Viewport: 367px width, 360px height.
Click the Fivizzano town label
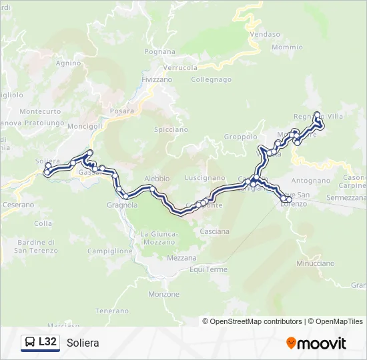click(x=157, y=79)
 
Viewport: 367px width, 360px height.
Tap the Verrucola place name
click(x=181, y=68)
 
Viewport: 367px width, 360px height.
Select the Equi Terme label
click(x=208, y=270)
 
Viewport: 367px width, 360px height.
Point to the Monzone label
click(x=164, y=294)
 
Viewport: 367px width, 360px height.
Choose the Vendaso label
click(x=265, y=34)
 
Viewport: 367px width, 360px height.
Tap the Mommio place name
click(x=287, y=47)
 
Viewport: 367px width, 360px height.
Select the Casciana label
click(x=214, y=231)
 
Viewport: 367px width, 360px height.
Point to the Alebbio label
click(x=157, y=179)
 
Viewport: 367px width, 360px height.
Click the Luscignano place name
click(x=205, y=178)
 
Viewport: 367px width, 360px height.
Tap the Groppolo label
click(x=240, y=137)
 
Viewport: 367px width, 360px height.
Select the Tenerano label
click(x=111, y=311)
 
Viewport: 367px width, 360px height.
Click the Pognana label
click(x=159, y=51)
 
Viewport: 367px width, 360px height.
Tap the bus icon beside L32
click(x=31, y=343)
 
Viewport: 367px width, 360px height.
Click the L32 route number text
click(x=47, y=342)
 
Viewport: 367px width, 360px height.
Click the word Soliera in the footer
click(x=83, y=343)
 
